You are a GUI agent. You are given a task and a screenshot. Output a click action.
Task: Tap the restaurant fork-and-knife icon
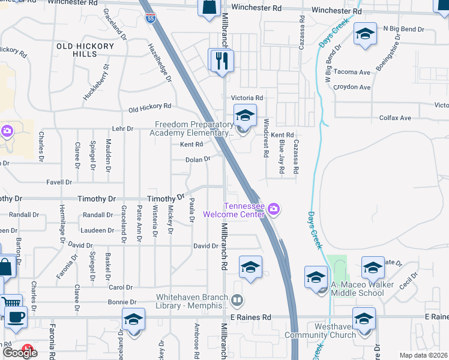221,60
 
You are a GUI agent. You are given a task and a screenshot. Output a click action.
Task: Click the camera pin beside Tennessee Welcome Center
274,209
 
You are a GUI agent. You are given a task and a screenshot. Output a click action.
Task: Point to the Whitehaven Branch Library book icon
238,299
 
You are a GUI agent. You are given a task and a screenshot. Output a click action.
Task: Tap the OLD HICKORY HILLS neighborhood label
85,50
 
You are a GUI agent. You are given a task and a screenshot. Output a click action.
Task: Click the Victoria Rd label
247,98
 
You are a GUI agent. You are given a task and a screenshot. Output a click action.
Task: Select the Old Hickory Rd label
150,107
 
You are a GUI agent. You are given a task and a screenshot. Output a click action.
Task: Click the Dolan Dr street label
197,160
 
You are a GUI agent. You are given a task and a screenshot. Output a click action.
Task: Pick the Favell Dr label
59,182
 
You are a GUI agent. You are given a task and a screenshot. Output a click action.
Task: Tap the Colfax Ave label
397,118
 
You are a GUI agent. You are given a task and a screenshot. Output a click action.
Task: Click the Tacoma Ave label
352,72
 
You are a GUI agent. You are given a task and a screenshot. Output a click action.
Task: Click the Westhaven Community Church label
320,331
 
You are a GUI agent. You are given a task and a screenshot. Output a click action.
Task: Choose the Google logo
19,352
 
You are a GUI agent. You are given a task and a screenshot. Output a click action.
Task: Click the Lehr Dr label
122,129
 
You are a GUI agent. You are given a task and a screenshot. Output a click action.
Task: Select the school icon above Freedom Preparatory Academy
245,115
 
